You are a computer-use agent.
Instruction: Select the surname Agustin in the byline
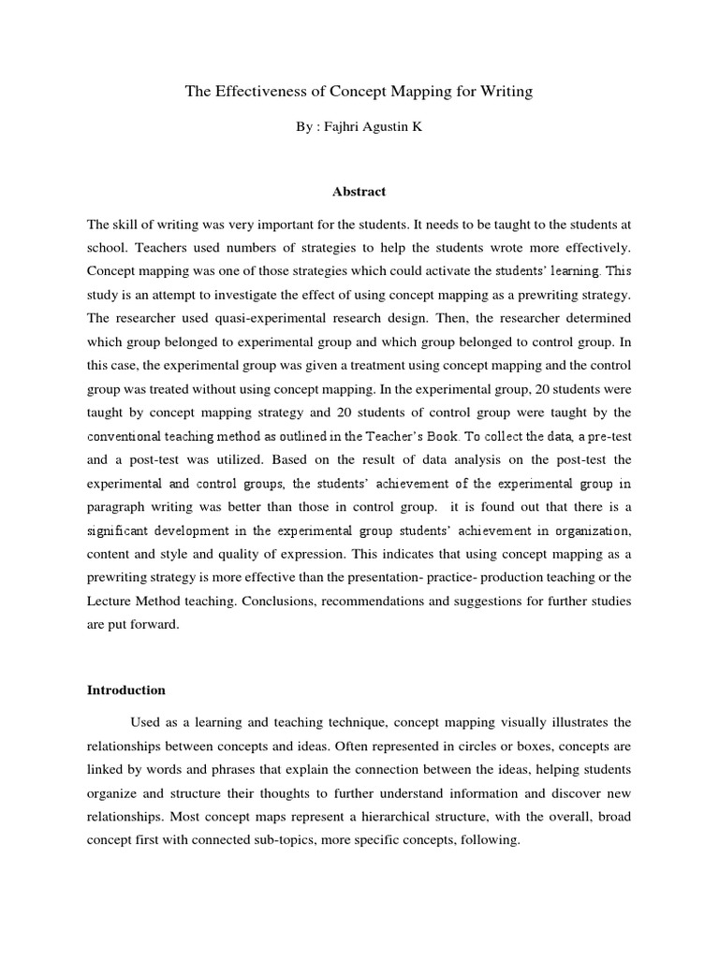(387, 126)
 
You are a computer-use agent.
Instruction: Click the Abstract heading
(359, 192)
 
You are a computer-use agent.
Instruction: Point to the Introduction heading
(126, 690)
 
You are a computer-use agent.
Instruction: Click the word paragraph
(118, 506)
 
